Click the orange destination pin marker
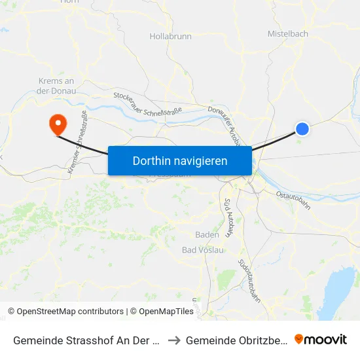[x=58, y=123]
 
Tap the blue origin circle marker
[x=302, y=129]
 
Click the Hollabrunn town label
[x=170, y=37]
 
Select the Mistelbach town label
[x=287, y=33]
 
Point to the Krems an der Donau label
[x=58, y=86]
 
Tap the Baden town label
[x=207, y=235]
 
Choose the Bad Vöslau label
[x=203, y=250]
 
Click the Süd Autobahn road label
[x=228, y=217]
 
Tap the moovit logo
[x=321, y=340]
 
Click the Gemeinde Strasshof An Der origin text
[x=86, y=340]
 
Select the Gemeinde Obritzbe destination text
[x=236, y=340]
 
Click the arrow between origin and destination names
[x=174, y=340]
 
